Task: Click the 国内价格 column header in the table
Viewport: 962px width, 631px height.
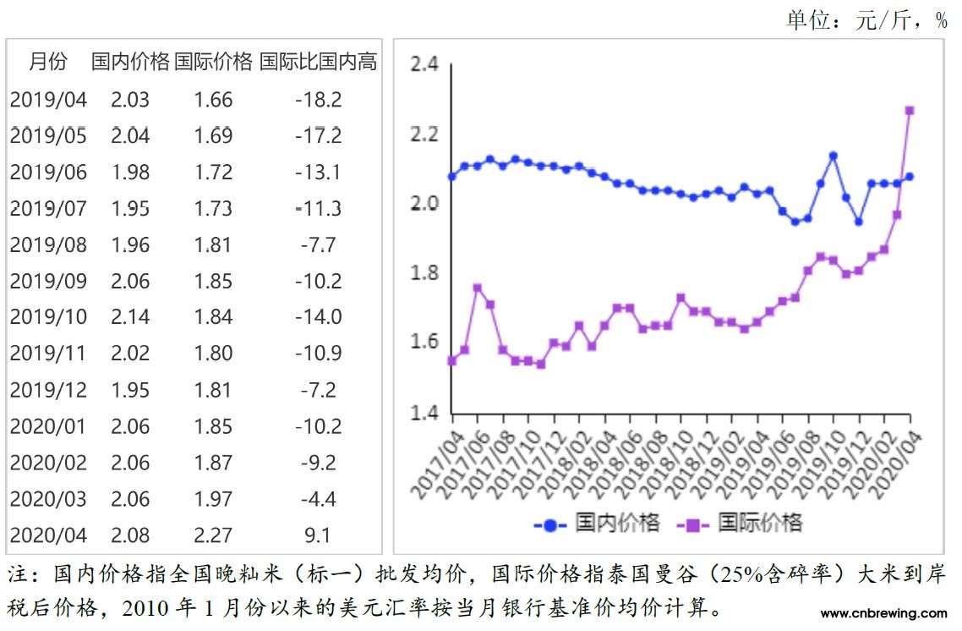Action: click(x=129, y=62)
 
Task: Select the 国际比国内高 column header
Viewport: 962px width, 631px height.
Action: click(x=318, y=62)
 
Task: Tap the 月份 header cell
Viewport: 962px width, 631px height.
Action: click(x=47, y=62)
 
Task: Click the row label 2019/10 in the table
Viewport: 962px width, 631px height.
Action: click(x=48, y=316)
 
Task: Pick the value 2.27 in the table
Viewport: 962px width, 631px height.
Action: click(x=213, y=535)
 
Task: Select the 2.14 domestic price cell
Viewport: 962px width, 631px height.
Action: click(x=129, y=316)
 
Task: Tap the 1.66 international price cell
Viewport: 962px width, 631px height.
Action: click(x=213, y=100)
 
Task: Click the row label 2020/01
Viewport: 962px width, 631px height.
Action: click(x=48, y=426)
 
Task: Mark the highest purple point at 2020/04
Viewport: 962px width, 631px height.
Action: click(x=910, y=110)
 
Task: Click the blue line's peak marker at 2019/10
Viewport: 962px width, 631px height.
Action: click(x=834, y=156)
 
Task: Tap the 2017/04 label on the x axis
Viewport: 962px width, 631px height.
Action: click(x=433, y=464)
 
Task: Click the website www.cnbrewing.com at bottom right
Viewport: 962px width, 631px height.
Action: click(x=883, y=613)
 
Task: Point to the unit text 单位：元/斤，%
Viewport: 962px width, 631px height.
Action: click(x=866, y=20)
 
